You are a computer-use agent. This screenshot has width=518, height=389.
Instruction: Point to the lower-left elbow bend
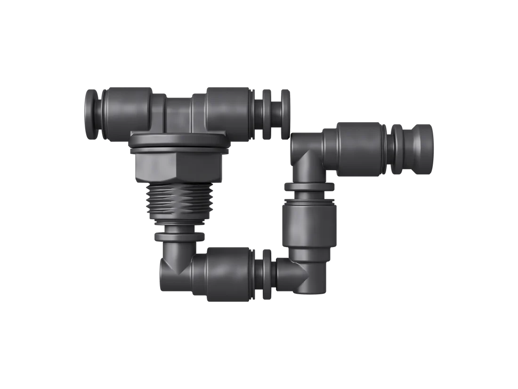(172, 269)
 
